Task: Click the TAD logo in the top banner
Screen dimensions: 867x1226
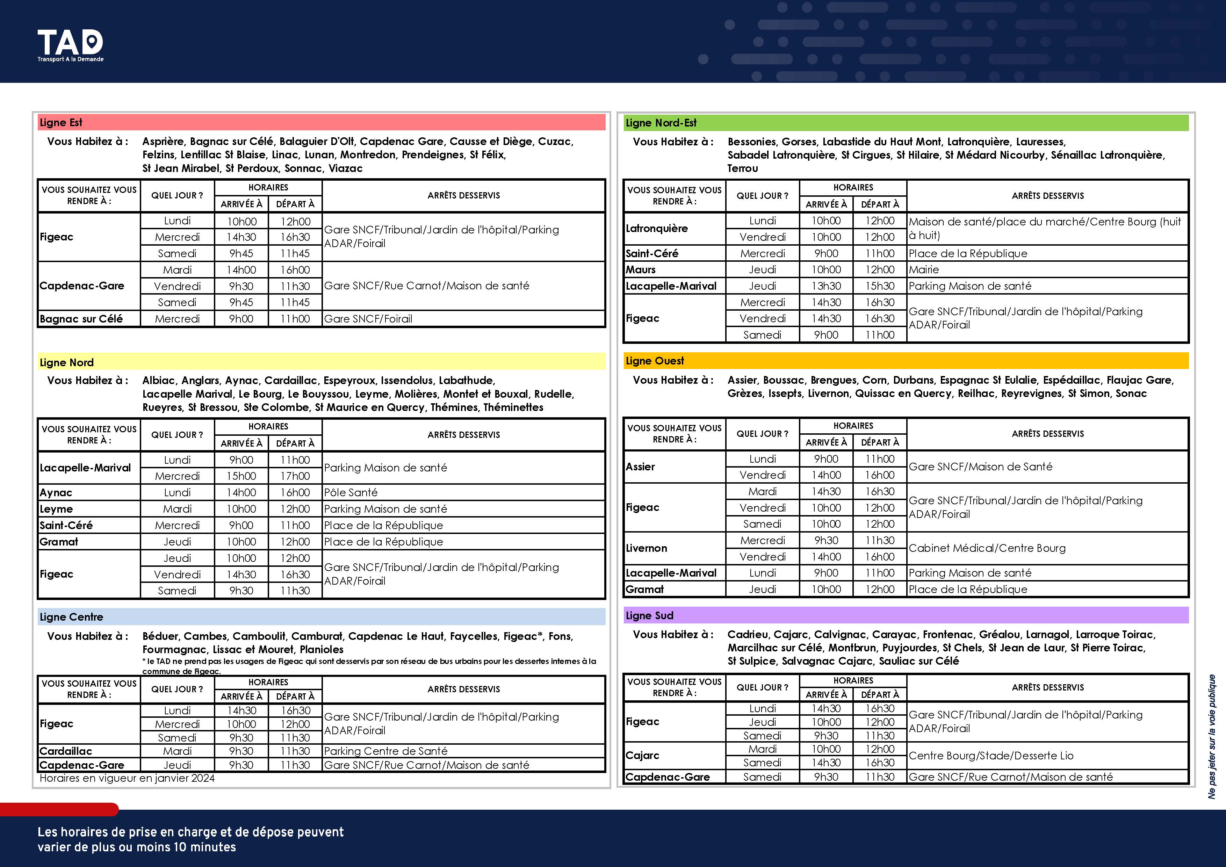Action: (70, 45)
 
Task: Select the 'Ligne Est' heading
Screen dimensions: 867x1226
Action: (61, 123)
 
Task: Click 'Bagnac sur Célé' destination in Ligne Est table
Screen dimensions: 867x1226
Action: (81, 319)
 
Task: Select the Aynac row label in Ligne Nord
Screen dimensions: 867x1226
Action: (56, 493)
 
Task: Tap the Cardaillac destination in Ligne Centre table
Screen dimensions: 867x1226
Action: (66, 751)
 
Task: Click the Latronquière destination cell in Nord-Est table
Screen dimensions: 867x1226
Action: (656, 229)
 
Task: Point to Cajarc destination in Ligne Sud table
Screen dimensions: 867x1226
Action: (642, 756)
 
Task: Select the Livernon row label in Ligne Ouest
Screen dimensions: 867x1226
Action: (646, 548)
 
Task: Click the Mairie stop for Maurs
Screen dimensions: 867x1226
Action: (923, 269)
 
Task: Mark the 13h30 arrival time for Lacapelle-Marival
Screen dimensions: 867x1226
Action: (826, 286)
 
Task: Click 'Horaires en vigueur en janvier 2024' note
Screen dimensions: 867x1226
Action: (127, 778)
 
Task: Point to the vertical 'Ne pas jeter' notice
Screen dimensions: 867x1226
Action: (1212, 737)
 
